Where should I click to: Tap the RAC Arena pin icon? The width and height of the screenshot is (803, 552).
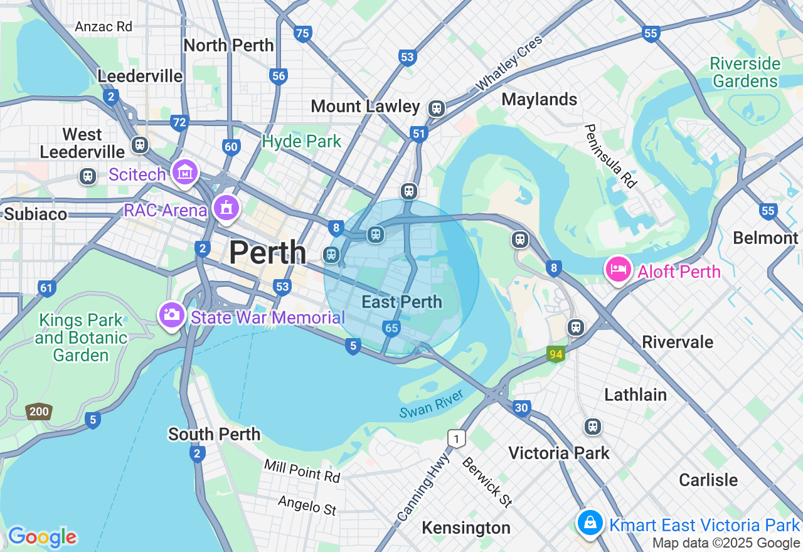click(226, 208)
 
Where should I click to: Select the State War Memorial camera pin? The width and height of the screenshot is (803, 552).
click(171, 315)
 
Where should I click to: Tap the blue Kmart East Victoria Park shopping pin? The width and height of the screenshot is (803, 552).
click(590, 522)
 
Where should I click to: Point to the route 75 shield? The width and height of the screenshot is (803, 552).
click(303, 34)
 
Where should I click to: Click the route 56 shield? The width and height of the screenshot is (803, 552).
click(279, 77)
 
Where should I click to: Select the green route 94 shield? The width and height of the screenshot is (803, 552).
click(555, 354)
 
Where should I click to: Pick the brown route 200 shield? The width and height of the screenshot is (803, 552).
click(38, 412)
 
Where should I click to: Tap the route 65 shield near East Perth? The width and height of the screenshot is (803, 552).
click(391, 328)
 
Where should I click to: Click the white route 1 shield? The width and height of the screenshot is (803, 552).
click(457, 438)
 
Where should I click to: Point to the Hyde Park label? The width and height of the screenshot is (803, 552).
click(302, 142)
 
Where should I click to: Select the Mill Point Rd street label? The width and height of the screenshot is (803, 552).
click(302, 470)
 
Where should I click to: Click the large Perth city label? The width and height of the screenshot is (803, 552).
click(267, 253)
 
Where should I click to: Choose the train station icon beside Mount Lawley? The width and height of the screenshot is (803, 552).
click(436, 109)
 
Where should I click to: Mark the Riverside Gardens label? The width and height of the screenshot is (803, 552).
click(746, 73)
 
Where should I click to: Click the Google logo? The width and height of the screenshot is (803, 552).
click(42, 537)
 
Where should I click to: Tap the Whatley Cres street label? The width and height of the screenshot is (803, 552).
click(509, 63)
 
